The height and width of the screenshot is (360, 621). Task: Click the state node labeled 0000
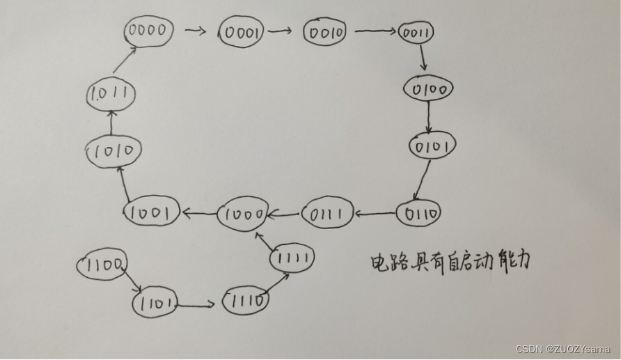pos(148,31)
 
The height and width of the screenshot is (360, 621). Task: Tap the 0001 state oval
pos(241,32)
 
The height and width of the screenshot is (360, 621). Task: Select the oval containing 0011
pos(416,32)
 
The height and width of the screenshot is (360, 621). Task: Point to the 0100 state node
pos(428,88)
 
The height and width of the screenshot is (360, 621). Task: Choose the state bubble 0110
pos(418,213)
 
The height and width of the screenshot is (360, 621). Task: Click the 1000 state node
pos(242,214)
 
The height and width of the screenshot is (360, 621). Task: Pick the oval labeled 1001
pos(152,212)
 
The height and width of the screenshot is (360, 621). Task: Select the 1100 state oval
pos(102,264)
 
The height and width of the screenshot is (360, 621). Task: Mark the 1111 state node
pos(292,258)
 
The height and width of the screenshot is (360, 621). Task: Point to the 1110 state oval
pos(245,301)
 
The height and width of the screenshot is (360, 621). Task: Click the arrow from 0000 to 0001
pos(197,31)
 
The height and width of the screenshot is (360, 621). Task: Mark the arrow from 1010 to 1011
pos(110,124)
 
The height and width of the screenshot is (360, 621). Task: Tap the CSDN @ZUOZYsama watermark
pos(563,348)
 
